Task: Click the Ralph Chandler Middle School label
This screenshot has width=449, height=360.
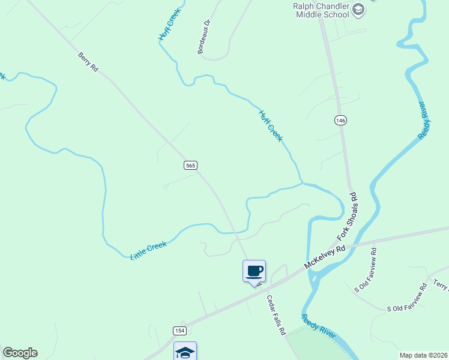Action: click(321, 10)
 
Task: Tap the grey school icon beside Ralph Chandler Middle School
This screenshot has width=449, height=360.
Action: click(358, 8)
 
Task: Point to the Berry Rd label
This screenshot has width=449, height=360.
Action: click(88, 62)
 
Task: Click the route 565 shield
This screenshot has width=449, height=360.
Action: click(190, 165)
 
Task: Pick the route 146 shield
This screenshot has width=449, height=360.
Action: click(340, 120)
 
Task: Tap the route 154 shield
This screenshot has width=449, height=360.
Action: click(179, 331)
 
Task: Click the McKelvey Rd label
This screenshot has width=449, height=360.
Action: click(325, 256)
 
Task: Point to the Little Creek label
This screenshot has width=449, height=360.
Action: click(148, 250)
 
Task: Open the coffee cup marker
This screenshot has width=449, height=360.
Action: click(254, 271)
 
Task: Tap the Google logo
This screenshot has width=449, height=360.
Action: click(20, 353)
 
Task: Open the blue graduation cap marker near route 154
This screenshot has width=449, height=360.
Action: click(185, 352)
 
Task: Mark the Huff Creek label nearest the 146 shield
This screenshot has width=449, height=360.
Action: click(271, 125)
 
